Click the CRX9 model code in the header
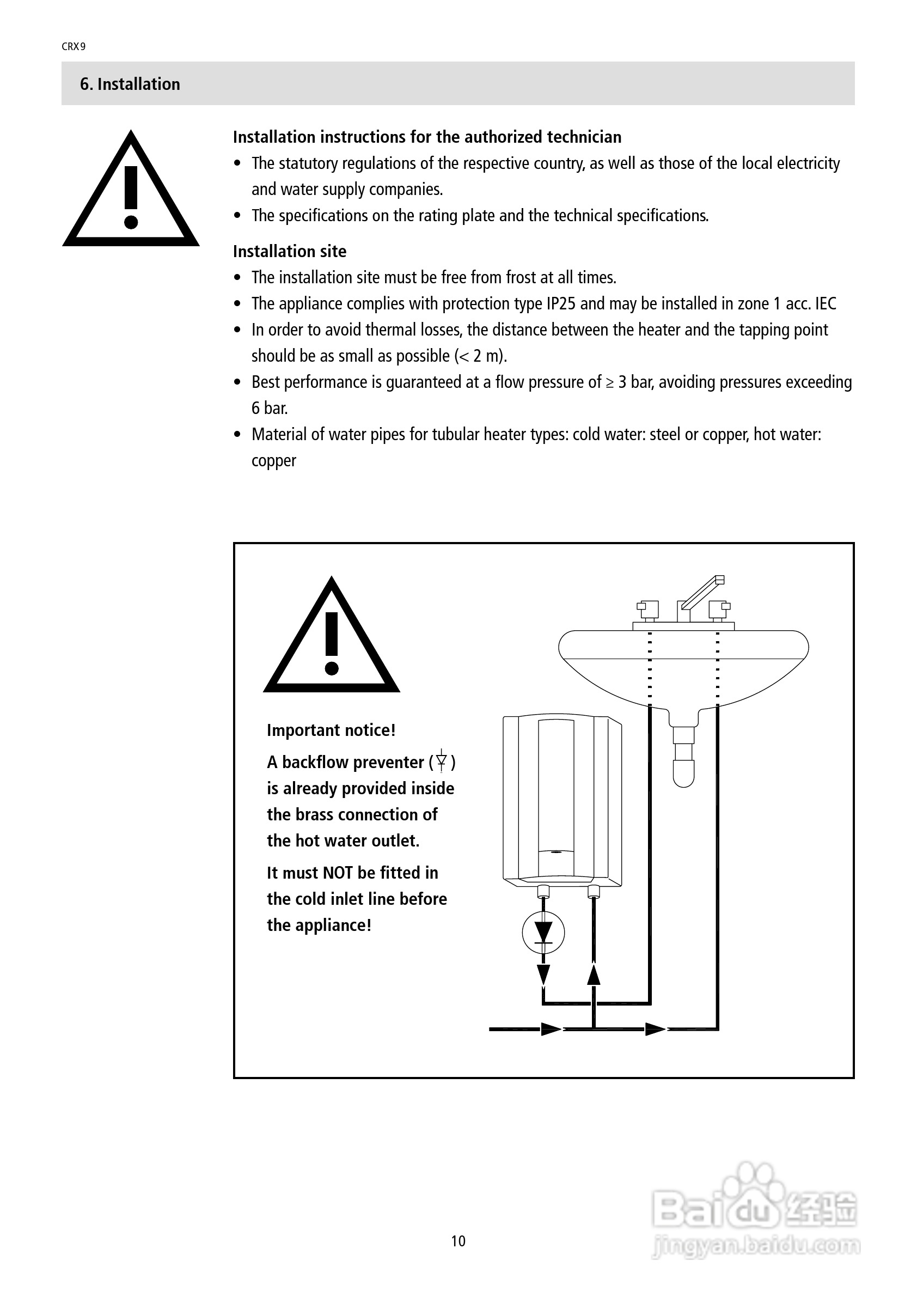click(x=74, y=47)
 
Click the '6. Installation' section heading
click(x=130, y=84)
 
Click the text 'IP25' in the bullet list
click(x=561, y=304)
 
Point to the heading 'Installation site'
click(x=290, y=251)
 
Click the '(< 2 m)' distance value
click(x=480, y=356)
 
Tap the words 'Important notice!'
click(x=331, y=730)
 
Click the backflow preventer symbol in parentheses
click(x=442, y=762)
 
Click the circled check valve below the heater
click(x=543, y=933)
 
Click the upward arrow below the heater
click(x=594, y=976)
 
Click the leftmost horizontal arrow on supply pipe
click(x=550, y=1029)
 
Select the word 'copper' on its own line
click(x=274, y=461)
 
